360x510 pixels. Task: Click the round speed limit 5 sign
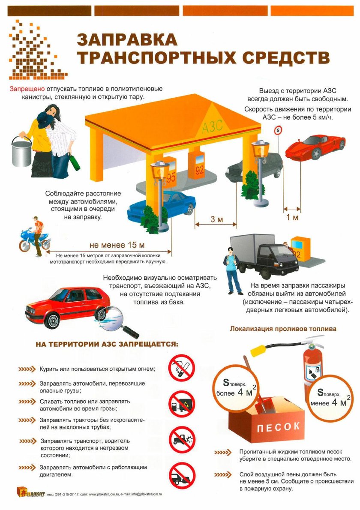[278, 130]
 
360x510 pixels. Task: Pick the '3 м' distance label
[216, 220]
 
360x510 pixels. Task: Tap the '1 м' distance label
[292, 217]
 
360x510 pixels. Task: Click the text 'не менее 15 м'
[117, 245]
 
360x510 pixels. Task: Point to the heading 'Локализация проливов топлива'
[283, 329]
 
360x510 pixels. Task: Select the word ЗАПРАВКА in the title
[127, 40]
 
